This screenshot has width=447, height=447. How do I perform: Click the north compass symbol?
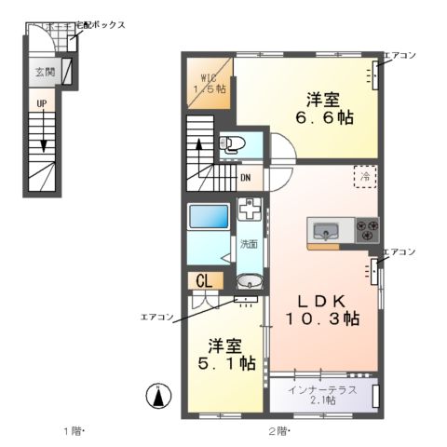tap(159, 397)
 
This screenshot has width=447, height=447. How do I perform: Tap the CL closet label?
tap(204, 279)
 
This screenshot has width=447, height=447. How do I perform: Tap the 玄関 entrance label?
tap(44, 72)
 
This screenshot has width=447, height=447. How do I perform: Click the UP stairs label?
tap(41, 104)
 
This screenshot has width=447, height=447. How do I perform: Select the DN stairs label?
tap(245, 177)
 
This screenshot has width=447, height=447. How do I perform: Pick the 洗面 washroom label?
tap(248, 245)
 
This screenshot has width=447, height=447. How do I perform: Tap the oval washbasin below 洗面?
tap(250, 282)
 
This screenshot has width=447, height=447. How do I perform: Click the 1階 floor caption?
tap(74, 431)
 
